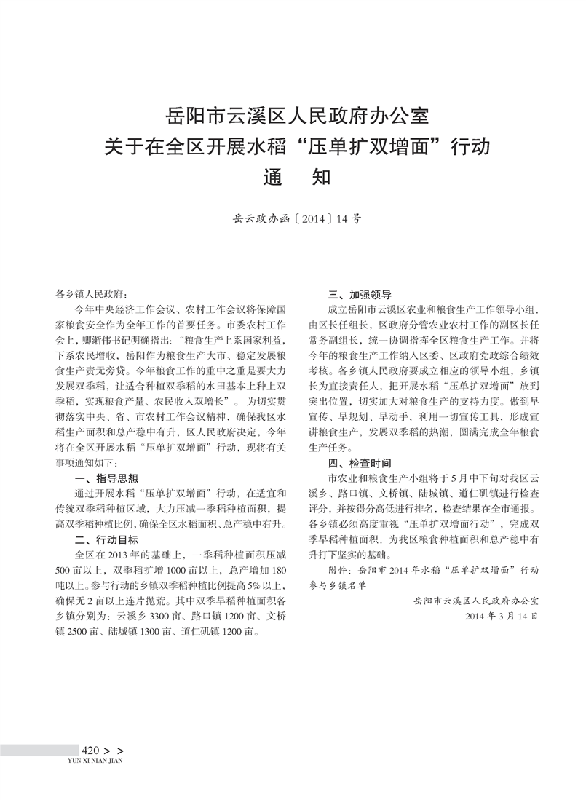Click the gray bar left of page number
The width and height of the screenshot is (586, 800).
39,751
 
